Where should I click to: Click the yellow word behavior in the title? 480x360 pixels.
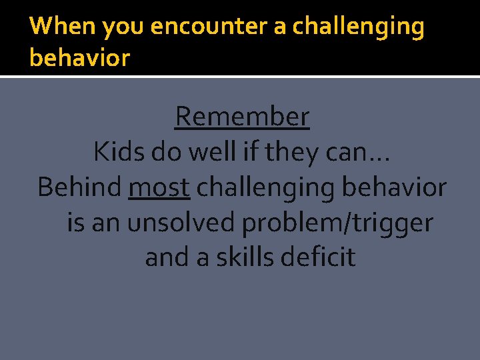tap(79, 58)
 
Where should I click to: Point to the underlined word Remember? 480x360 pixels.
tap(242, 117)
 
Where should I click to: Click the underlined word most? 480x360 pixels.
tap(159, 188)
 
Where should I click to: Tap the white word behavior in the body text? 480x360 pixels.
tap(394, 187)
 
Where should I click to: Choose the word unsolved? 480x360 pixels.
tap(181, 223)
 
